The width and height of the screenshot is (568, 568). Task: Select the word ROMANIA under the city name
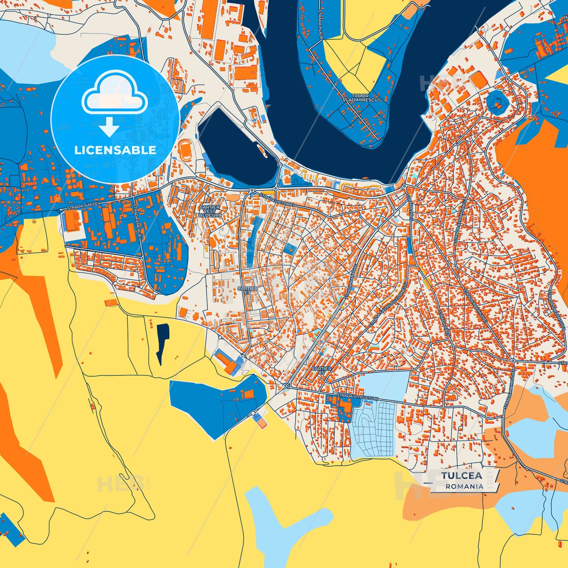pyautogui.click(x=464, y=486)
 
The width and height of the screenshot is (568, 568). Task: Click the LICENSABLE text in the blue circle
pyautogui.click(x=115, y=150)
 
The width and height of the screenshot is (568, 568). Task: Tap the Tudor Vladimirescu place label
pyautogui.click(x=360, y=98)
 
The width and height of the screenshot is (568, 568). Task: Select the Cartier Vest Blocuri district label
pyautogui.click(x=210, y=211)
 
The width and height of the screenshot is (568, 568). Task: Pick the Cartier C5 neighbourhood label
pyautogui.click(x=322, y=371)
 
